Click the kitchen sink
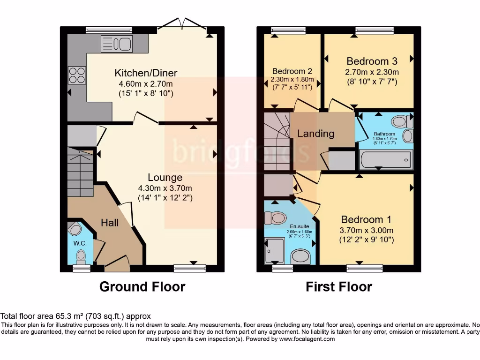[x=116, y=44]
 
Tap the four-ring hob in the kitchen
[x=77, y=75]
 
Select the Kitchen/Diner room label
[x=146, y=73]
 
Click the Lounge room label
[x=165, y=178]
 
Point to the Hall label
[x=110, y=223]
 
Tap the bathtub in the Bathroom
[x=385, y=160]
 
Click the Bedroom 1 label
[x=366, y=220]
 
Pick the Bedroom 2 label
[x=292, y=71]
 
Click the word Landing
[x=316, y=134]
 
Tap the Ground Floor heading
[x=142, y=286]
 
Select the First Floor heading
[x=339, y=286]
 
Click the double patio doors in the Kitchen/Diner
[x=181, y=24]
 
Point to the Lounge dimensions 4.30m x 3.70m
[x=165, y=188]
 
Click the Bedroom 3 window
[x=374, y=30]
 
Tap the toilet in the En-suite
[x=276, y=218]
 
